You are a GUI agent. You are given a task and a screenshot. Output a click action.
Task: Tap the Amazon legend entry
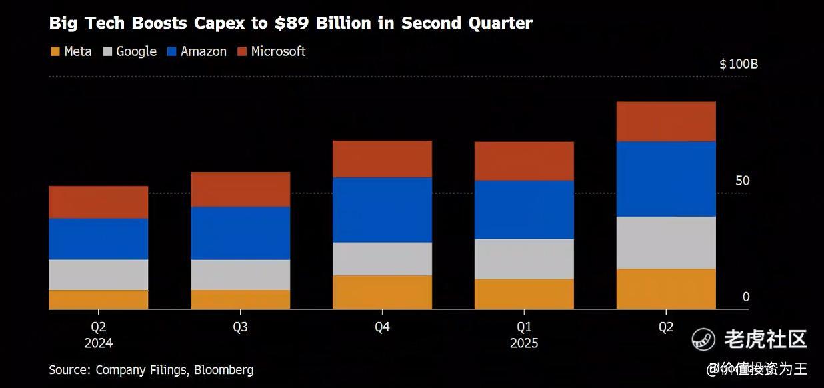pyautogui.click(x=197, y=51)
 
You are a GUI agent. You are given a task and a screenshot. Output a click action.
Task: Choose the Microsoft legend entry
pyautogui.click(x=271, y=51)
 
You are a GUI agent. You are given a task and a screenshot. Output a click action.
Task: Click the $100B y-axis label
pyautogui.click(x=739, y=65)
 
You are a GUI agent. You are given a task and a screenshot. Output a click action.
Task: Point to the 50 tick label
pyautogui.click(x=742, y=181)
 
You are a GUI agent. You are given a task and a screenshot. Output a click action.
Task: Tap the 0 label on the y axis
pyautogui.click(x=746, y=297)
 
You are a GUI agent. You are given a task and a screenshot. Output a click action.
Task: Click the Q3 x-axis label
pyautogui.click(x=240, y=327)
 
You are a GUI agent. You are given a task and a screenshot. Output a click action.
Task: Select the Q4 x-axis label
pyautogui.click(x=382, y=327)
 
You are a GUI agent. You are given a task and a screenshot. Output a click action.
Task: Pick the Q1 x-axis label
pyautogui.click(x=524, y=327)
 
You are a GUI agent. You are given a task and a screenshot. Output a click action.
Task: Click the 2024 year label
pyautogui.click(x=99, y=344)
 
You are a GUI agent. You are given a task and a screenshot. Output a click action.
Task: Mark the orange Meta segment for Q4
pyautogui.click(x=382, y=292)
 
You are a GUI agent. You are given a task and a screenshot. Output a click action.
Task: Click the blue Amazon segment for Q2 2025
pyautogui.click(x=666, y=179)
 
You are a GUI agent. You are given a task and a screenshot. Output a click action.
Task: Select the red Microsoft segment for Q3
pyautogui.click(x=240, y=189)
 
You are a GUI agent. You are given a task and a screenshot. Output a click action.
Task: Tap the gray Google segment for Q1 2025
pyautogui.click(x=524, y=259)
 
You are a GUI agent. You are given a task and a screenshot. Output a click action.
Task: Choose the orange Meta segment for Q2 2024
pyautogui.click(x=99, y=299)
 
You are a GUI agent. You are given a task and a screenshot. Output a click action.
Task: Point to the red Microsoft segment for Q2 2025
pyautogui.click(x=666, y=121)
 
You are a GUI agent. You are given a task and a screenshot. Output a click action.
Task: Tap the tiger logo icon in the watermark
pyautogui.click(x=703, y=339)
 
